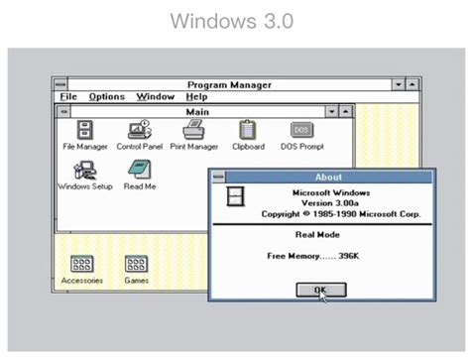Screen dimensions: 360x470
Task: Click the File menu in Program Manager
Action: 67,97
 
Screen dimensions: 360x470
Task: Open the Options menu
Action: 106,97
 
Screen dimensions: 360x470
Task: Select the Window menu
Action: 155,97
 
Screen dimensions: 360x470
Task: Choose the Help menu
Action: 195,97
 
